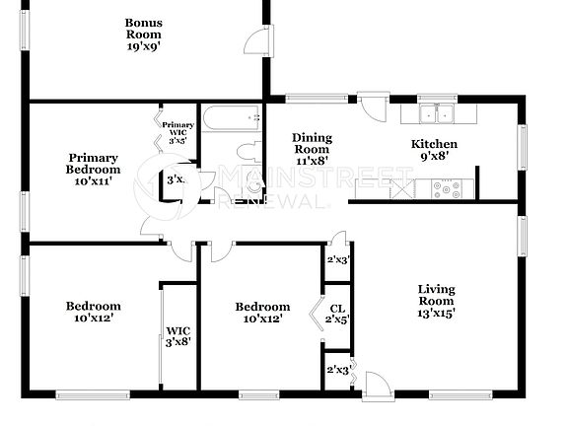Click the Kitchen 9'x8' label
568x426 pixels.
434,150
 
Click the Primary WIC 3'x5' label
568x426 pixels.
178,132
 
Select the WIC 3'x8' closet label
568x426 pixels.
178,336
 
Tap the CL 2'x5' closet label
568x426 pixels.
337,314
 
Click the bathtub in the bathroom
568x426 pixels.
232,120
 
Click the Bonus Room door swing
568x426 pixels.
254,40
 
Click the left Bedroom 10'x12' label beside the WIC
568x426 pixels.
94,312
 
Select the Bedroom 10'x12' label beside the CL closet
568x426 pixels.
262,312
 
